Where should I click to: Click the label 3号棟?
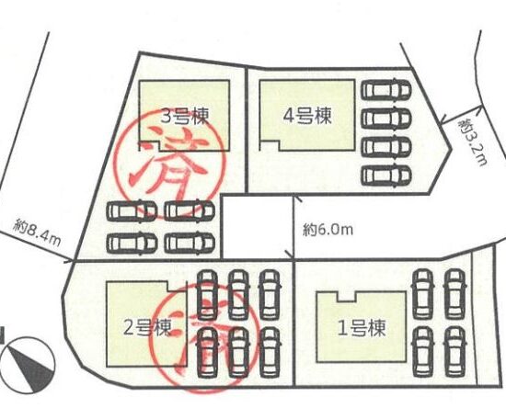185,116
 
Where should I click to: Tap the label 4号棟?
307,116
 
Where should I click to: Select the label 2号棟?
147,328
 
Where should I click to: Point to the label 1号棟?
362,328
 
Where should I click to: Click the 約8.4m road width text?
37,232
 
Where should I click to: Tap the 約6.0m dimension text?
328,230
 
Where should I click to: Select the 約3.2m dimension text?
472,142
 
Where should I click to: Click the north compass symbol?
29,365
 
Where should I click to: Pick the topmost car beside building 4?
386,90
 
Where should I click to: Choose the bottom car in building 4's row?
386,176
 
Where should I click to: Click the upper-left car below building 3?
132,211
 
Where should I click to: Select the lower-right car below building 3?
190,244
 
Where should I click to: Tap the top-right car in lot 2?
270,295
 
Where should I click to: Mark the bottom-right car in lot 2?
270,352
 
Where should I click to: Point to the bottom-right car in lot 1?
455,352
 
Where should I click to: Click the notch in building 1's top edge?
347,297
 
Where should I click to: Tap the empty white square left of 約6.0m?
258,227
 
